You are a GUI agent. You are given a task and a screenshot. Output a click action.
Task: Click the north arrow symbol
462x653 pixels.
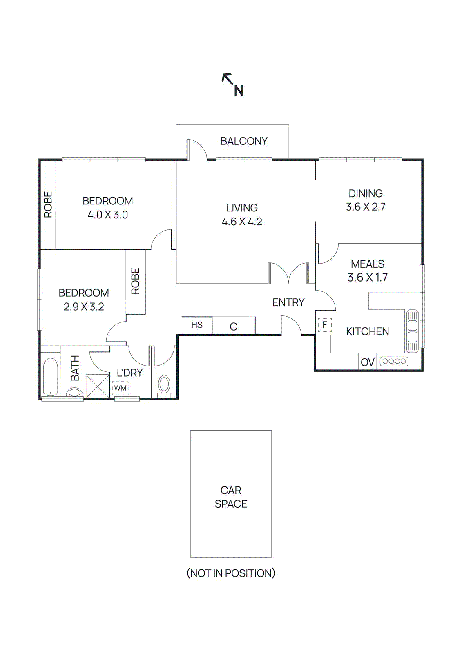pyautogui.click(x=232, y=84)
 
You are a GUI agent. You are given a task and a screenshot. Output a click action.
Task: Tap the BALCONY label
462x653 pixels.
pyautogui.click(x=244, y=141)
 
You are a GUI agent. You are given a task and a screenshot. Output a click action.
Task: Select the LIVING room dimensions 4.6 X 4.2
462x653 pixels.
pyautogui.click(x=242, y=222)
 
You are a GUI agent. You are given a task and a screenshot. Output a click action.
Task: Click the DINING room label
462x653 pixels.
pyautogui.click(x=366, y=193)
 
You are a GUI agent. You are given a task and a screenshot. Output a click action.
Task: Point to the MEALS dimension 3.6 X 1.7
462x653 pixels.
pyautogui.click(x=367, y=278)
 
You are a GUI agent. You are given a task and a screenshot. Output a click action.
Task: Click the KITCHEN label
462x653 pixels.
pyautogui.click(x=367, y=331)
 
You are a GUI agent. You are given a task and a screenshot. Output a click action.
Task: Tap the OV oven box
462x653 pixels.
pyautogui.click(x=368, y=362)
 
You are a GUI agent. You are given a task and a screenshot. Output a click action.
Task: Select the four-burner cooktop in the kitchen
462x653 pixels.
pyautogui.click(x=394, y=361)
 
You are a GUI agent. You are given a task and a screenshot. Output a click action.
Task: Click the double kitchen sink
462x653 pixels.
pyautogui.click(x=413, y=331)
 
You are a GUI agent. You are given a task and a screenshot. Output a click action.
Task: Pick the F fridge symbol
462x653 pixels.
pyautogui.click(x=325, y=325)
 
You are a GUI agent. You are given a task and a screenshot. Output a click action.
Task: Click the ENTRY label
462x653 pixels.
pyautogui.click(x=288, y=302)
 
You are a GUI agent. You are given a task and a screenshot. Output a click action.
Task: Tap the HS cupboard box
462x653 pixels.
pyautogui.click(x=197, y=325)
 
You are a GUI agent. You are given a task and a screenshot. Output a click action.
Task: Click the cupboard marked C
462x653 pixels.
pyautogui.click(x=234, y=326)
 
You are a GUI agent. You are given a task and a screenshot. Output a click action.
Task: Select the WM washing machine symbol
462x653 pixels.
pyautogui.click(x=120, y=388)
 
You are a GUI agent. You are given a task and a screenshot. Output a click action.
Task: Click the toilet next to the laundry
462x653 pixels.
pyautogui.click(x=164, y=385)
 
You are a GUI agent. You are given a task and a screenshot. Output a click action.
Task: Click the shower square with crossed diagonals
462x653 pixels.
pyautogui.click(x=98, y=386)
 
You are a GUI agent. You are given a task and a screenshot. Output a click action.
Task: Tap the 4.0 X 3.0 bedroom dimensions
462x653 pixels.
pyautogui.click(x=108, y=215)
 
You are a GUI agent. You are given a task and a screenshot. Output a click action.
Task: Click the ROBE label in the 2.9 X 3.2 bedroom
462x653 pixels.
pyautogui.click(x=136, y=281)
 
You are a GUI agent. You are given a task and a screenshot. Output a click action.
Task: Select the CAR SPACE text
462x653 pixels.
pyautogui.click(x=231, y=497)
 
